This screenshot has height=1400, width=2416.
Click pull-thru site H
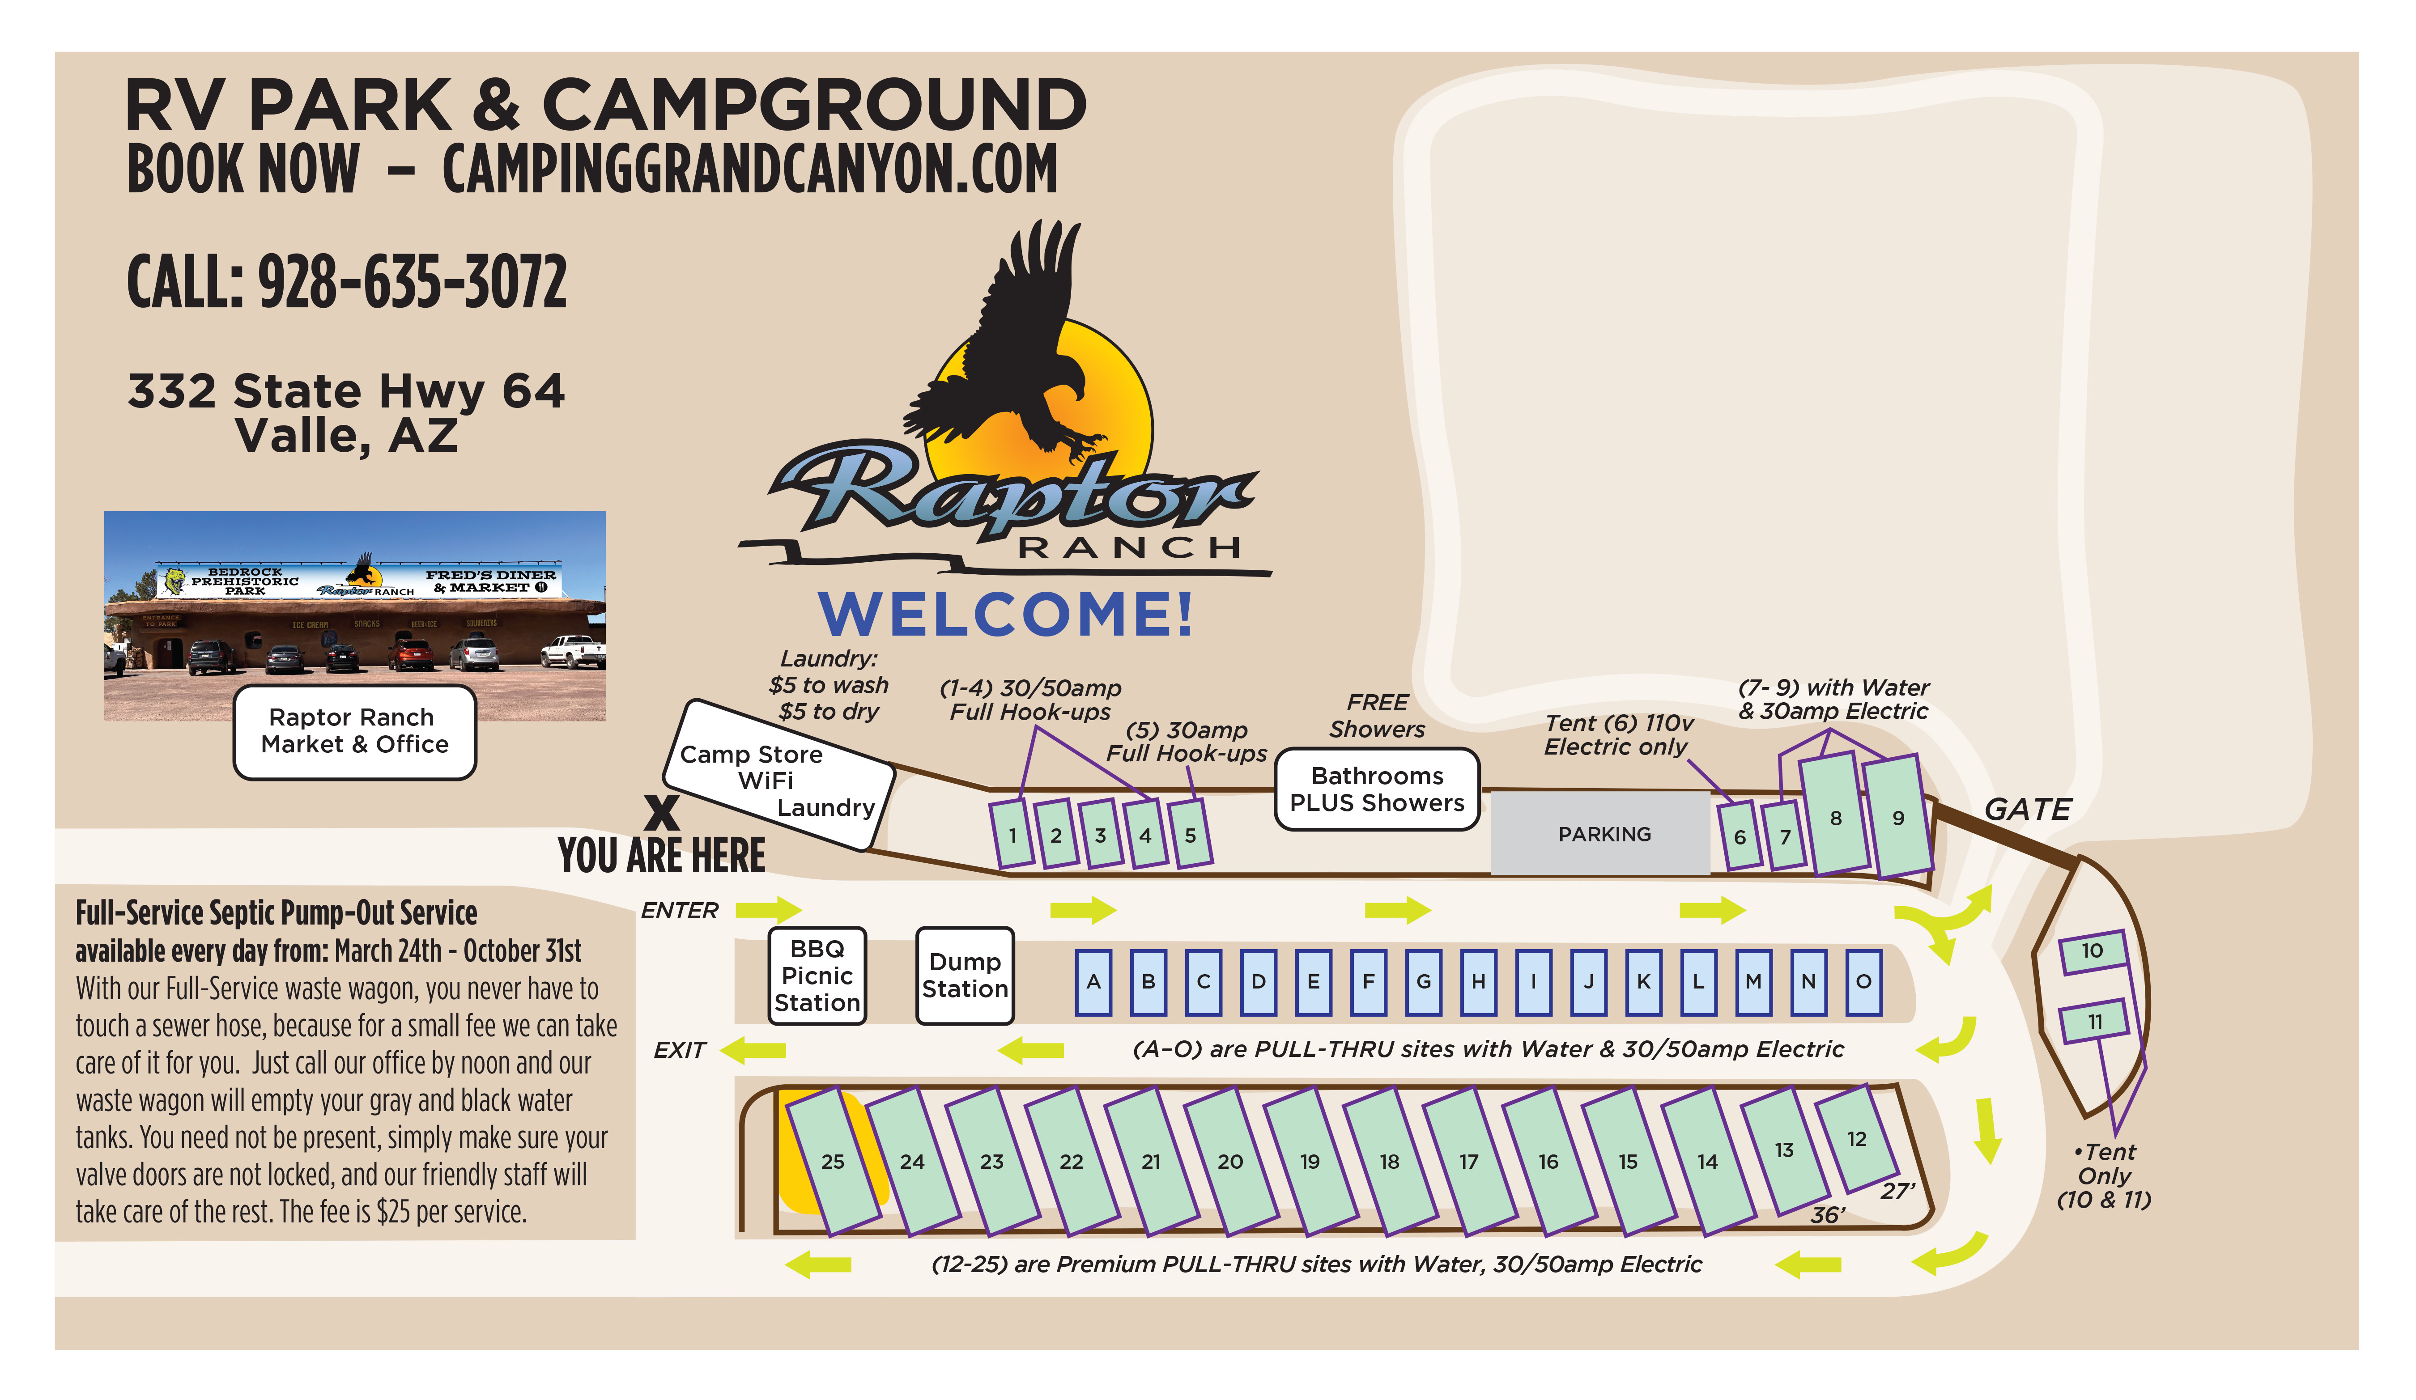coord(1478,981)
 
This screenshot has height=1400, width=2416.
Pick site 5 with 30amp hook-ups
coord(1190,835)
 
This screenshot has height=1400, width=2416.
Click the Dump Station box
coord(965,976)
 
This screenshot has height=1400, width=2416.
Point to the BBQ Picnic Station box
coord(817,976)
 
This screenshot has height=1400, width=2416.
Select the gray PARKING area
coord(1604,834)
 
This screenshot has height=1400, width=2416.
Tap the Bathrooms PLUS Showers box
coord(1377,789)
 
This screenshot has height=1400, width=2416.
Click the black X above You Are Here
coord(662,813)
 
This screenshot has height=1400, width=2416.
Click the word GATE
coord(2027,810)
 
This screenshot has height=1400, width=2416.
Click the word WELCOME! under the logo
coord(1006,614)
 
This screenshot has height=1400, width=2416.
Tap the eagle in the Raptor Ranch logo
coord(1016,345)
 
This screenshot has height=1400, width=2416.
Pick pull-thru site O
coord(1863,981)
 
